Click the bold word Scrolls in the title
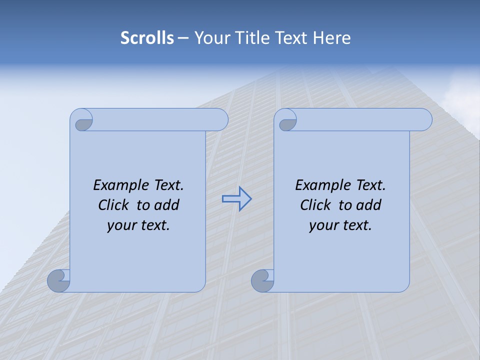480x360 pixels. (147, 38)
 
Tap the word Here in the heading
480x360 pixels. (331, 38)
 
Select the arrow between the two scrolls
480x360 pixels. (237, 199)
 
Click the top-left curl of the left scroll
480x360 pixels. (82, 121)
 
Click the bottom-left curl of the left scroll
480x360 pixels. (59, 280)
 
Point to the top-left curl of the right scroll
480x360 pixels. (287, 121)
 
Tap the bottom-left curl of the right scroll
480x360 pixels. (263, 280)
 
